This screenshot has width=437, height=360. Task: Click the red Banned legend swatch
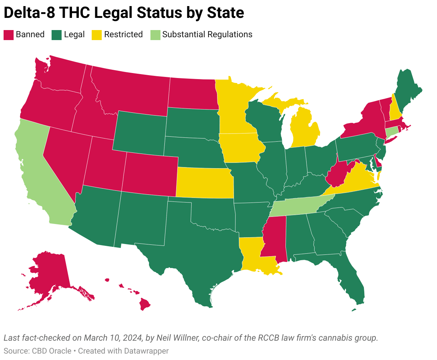(x=8, y=35)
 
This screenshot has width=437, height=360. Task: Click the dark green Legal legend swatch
(x=57, y=35)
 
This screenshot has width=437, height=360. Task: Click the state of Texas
(x=193, y=250)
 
